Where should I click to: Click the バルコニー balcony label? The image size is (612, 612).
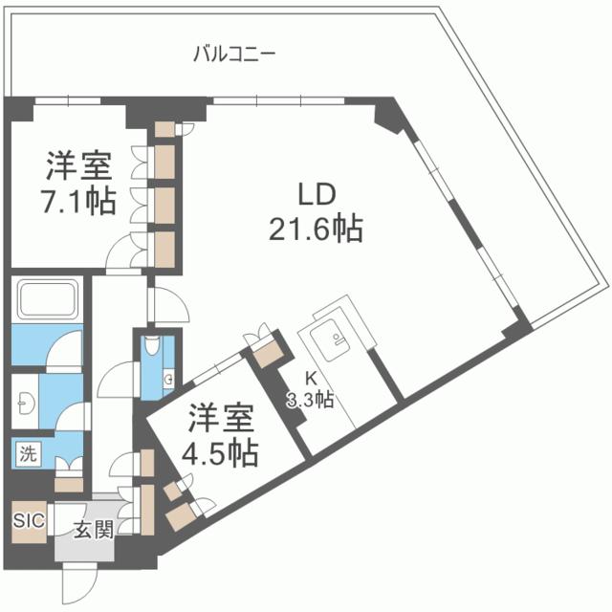[x=233, y=54]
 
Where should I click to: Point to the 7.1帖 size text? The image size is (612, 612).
[x=79, y=200]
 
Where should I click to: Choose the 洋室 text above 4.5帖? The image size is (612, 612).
[x=221, y=417]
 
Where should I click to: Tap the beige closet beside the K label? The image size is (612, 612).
[x=268, y=351]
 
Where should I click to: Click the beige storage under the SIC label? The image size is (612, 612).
[x=28, y=549]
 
